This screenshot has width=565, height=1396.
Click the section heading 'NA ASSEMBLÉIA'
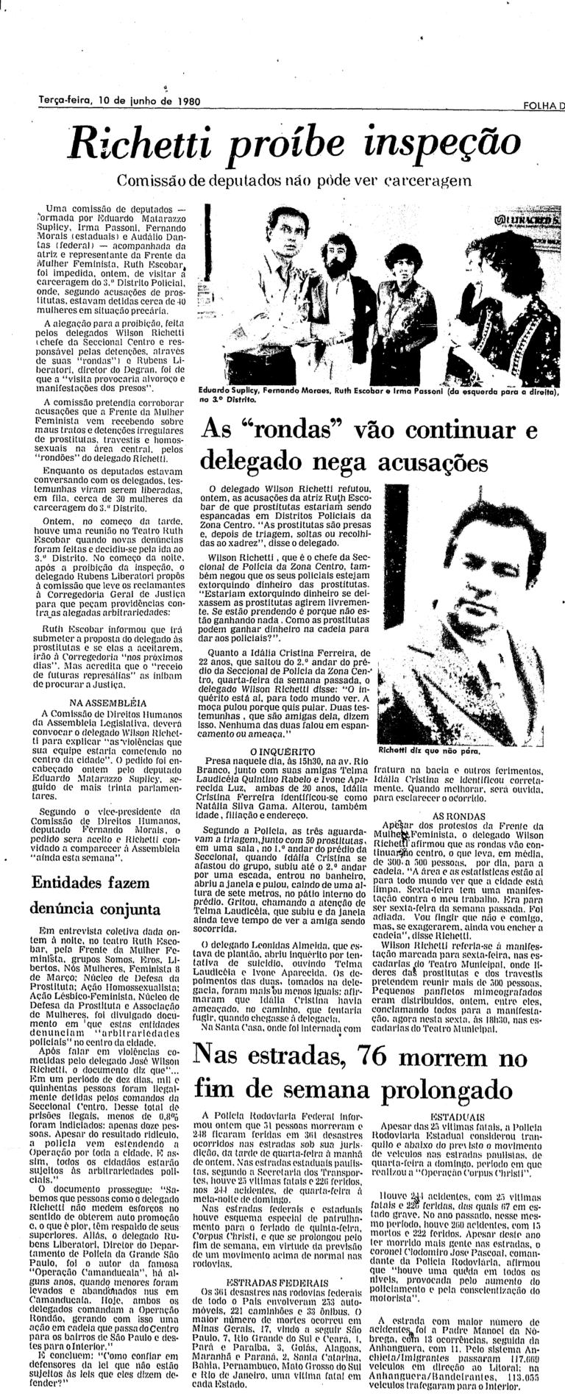click(107, 702)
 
